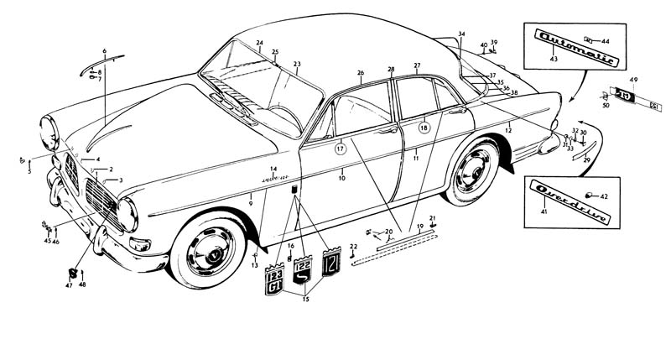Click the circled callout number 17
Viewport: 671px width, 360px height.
340,149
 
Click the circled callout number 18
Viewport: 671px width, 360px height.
424,128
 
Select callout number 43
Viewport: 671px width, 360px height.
554,60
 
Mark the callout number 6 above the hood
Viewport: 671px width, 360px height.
105,51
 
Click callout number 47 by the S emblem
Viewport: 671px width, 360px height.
69,286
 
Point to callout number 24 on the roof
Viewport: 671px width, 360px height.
260,43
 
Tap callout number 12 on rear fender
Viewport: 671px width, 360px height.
508,130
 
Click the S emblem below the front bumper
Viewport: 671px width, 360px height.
73,273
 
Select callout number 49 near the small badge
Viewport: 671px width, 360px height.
633,80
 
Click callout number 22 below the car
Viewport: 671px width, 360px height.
353,246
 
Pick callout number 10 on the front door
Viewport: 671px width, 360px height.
341,179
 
